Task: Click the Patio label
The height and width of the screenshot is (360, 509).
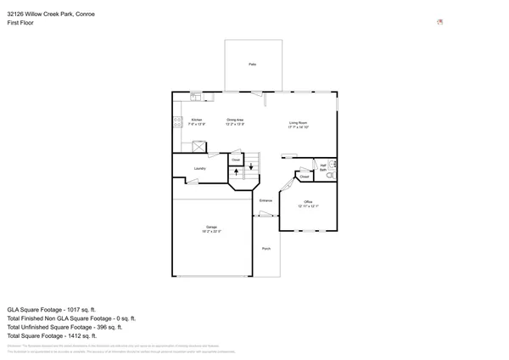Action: click(252, 65)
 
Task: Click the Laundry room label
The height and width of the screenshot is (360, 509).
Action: click(199, 168)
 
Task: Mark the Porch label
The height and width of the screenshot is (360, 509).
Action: click(266, 249)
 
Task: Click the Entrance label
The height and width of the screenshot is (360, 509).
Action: click(266, 200)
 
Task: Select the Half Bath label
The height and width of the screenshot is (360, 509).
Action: click(323, 167)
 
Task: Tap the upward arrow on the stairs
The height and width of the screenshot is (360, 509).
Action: click(237, 172)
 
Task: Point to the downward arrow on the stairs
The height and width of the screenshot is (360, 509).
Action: click(250, 166)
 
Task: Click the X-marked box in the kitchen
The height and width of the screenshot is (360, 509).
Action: click(199, 147)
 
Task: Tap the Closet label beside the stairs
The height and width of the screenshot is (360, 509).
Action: click(236, 160)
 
